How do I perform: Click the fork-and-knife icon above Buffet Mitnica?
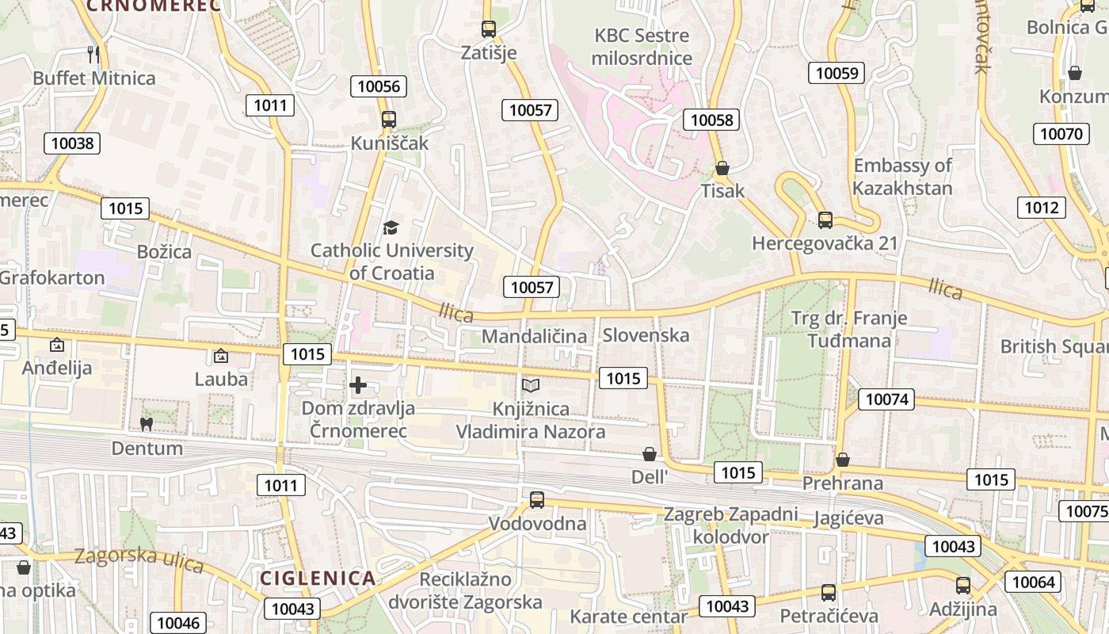coord(93,54)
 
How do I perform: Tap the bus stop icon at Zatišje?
coord(489,29)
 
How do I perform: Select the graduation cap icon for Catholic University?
coord(391,228)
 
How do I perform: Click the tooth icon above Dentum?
coord(146,424)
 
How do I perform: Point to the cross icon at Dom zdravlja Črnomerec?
coord(358,386)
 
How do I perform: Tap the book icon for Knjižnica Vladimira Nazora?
coord(530,386)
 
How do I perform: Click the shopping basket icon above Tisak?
coord(722,168)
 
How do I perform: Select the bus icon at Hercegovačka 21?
coord(825,220)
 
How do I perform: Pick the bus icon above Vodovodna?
coord(537,500)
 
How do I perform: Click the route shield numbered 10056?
coord(379,86)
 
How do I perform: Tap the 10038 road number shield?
coord(71,143)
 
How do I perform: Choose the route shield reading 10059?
coord(837,74)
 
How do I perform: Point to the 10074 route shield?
coord(887,399)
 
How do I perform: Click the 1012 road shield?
coord(1041,208)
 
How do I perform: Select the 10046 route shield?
coord(179,623)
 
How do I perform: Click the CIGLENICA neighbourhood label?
coord(318,578)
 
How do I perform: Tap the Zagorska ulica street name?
coord(139,560)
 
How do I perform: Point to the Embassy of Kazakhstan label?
coord(902,177)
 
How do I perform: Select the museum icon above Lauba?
coord(221,356)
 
